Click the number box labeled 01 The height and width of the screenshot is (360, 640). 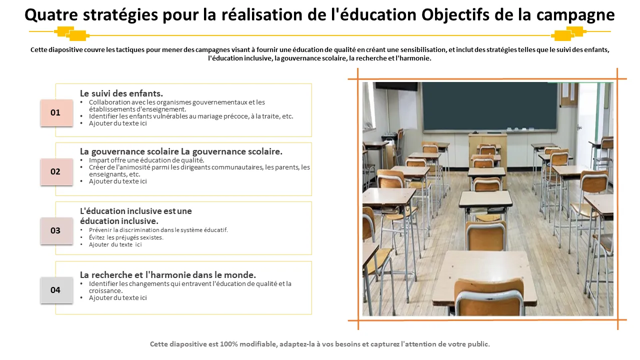point(55,112)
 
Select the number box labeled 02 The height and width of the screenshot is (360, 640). point(55,171)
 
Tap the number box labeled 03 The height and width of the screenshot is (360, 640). point(55,230)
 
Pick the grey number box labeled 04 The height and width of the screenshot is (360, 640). point(55,290)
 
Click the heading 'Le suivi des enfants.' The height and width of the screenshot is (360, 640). point(121,93)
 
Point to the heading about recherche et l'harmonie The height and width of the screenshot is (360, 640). point(168,275)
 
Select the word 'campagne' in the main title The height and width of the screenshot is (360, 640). point(575,15)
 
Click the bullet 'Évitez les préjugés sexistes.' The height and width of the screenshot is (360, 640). point(126,237)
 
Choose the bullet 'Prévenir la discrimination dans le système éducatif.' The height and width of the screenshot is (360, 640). point(158,230)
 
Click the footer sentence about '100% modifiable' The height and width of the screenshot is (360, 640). point(320,344)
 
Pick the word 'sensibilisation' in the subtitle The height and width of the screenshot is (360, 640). point(422,49)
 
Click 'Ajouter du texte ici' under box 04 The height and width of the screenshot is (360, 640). point(118,298)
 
